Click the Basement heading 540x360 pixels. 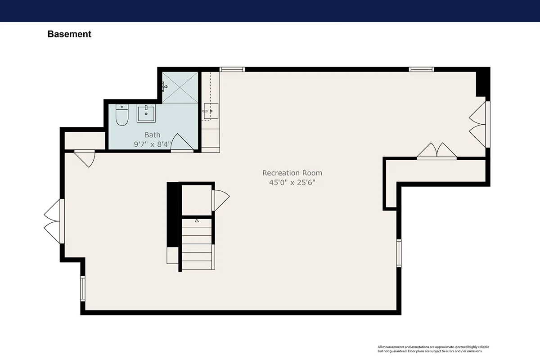coord(69,34)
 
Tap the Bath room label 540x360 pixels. coord(153,135)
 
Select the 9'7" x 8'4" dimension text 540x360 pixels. coord(153,144)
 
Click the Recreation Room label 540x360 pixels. coord(292,173)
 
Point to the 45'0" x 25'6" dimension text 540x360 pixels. coord(292,182)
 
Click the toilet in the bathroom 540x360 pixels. coord(122,115)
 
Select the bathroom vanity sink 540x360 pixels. coord(146,113)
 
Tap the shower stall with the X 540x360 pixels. coord(180,88)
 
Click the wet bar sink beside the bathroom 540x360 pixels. coord(211,111)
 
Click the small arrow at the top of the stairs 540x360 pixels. coord(197,220)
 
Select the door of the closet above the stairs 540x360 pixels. coord(220,200)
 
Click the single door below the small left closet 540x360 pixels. coord(85,158)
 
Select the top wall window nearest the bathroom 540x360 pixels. coord(232,69)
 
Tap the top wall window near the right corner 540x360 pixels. coord(421,69)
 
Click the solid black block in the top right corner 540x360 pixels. coord(483,82)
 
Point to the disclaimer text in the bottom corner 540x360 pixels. coord(433,349)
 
